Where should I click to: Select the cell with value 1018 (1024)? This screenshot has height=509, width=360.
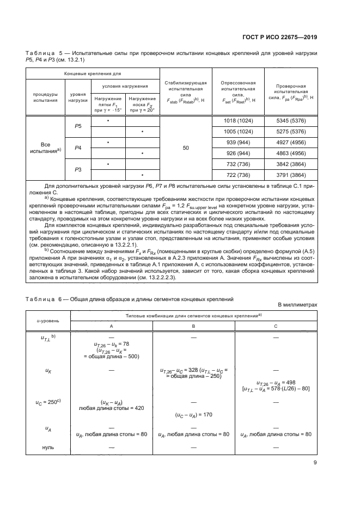point(238,120)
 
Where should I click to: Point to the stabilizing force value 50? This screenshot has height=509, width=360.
point(186,148)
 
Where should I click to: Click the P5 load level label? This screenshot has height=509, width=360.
point(78,126)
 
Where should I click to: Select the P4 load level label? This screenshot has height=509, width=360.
point(78,148)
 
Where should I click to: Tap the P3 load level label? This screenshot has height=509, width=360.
point(78,169)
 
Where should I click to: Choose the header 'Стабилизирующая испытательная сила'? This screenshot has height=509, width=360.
point(186,91)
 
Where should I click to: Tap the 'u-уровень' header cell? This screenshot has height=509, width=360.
point(48,320)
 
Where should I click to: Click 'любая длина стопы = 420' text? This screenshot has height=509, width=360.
point(111,408)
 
